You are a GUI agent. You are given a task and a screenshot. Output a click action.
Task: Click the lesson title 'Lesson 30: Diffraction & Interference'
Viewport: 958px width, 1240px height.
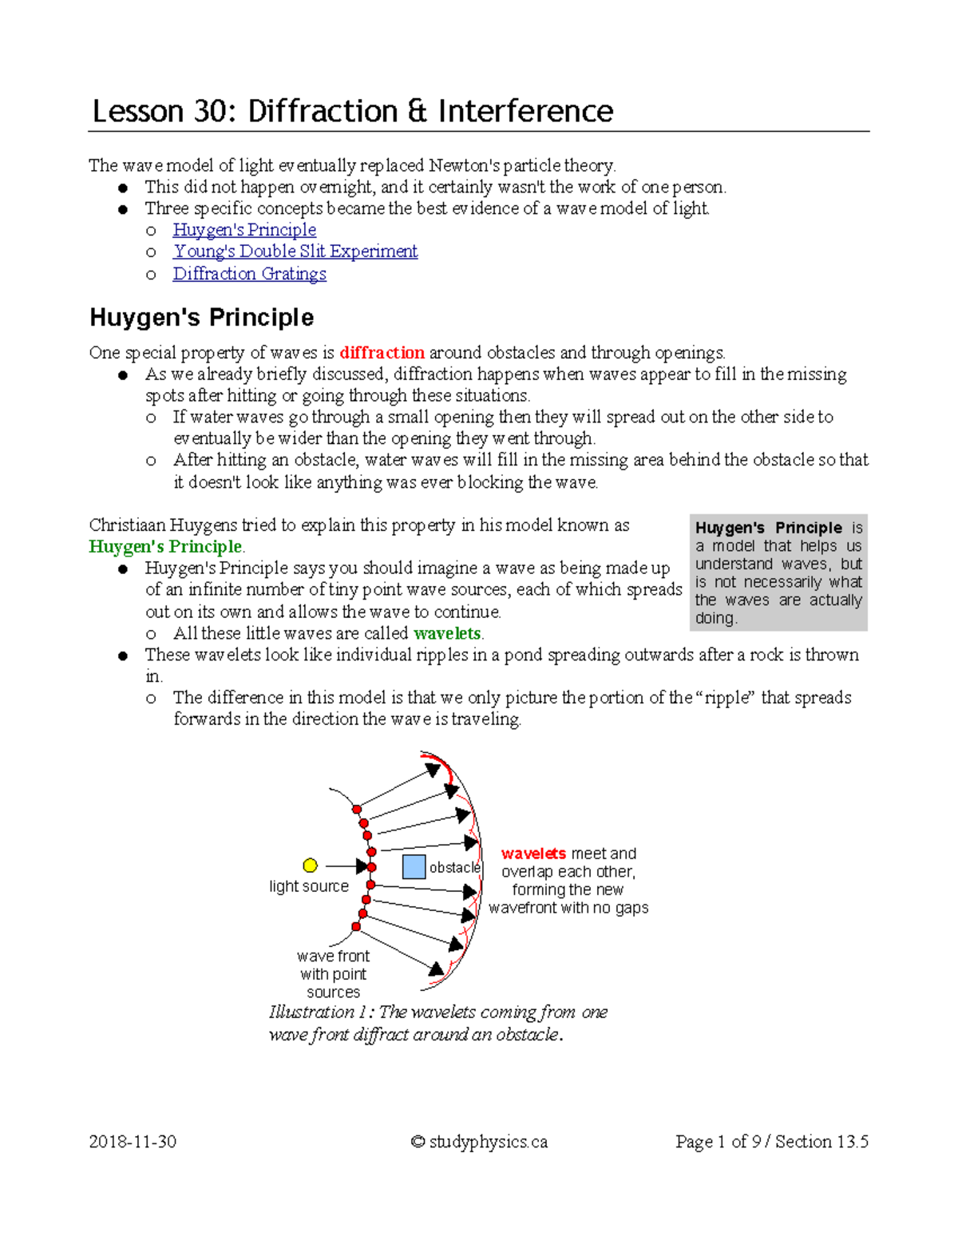pos(352,111)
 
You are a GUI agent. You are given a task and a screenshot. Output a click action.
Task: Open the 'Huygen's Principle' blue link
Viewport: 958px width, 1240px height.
pos(244,230)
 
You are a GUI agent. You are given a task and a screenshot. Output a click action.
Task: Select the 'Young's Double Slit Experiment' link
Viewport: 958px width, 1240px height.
pos(295,252)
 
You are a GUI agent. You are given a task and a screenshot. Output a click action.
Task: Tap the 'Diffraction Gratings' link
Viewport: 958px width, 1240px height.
pos(249,274)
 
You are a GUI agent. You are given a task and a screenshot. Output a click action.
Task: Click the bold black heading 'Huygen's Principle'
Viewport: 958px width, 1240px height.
pos(201,318)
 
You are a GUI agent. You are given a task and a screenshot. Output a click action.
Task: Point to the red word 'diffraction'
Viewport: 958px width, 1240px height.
pos(382,353)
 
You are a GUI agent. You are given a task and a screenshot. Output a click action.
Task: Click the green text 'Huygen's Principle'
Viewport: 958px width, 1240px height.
pos(165,547)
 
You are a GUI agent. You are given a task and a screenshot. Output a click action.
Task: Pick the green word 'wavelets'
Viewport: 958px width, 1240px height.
pos(447,634)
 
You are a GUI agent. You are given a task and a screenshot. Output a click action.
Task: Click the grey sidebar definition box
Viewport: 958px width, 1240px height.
pos(778,572)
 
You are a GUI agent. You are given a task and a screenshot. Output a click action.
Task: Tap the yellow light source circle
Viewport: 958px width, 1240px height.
pos(311,866)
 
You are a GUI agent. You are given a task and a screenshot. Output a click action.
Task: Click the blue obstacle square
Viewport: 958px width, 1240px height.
pos(414,866)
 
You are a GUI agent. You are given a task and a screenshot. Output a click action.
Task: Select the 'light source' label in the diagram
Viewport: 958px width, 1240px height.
pos(309,886)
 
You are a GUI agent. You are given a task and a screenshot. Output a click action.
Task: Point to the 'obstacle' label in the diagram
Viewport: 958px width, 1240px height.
pos(454,867)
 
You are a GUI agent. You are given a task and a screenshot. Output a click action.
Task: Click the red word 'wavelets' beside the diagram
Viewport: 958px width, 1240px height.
pos(533,854)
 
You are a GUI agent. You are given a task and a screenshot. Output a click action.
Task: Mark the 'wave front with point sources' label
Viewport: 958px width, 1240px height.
pos(333,974)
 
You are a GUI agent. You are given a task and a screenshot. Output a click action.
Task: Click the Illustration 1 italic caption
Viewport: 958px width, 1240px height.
pos(437,1023)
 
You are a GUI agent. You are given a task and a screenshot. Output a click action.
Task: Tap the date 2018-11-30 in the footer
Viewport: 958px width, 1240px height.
pos(133,1142)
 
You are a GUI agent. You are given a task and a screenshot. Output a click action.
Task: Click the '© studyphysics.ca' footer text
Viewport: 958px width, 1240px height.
pos(479,1142)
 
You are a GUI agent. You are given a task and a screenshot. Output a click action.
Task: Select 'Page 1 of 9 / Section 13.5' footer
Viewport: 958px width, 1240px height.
pos(771,1142)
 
